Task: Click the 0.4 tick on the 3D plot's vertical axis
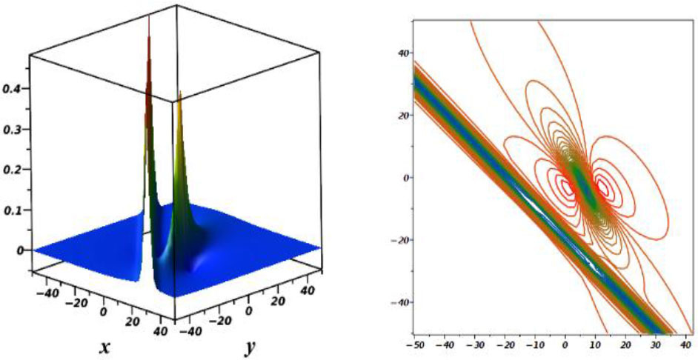[x=13, y=89]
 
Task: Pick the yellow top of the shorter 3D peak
[x=179, y=95]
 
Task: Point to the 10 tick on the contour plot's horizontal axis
[x=595, y=346]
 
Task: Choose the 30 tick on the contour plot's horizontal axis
[x=655, y=346]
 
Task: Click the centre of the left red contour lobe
[x=568, y=185]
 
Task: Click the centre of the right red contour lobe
[x=604, y=188]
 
